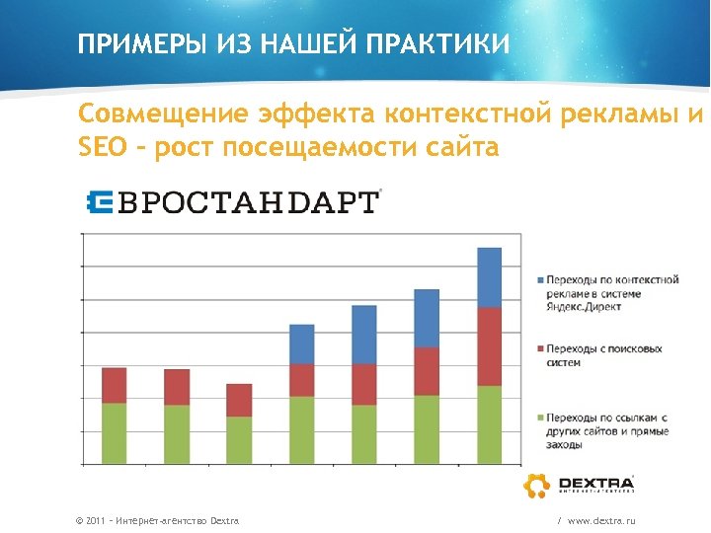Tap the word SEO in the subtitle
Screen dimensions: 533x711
[102, 148]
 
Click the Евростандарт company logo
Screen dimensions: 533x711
[231, 202]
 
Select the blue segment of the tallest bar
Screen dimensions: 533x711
[490, 277]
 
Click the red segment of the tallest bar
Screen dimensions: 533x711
[490, 346]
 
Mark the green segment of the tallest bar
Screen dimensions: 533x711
[490, 424]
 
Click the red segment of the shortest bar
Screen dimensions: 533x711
[239, 400]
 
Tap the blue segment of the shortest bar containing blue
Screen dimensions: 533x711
[302, 343]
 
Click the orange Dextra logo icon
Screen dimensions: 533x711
[537, 486]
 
